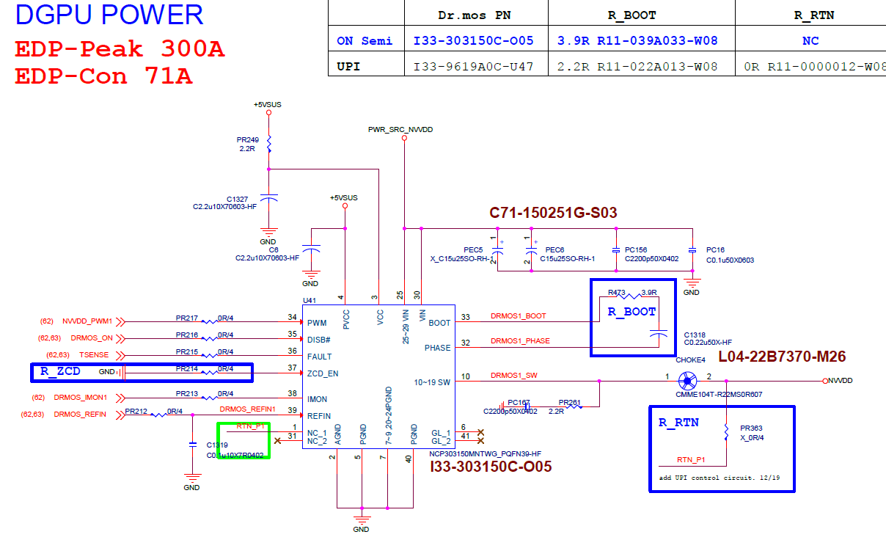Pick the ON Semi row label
pyautogui.click(x=365, y=41)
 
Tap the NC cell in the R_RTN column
pyautogui.click(x=810, y=41)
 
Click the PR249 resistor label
pyautogui.click(x=247, y=139)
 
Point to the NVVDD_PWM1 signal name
pyautogui.click(x=87, y=321)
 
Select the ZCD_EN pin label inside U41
pyautogui.click(x=323, y=373)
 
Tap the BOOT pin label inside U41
pyautogui.click(x=439, y=323)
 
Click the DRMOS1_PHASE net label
pyautogui.click(x=520, y=341)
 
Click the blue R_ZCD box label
pyautogui.click(x=60, y=371)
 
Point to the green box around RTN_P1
pyautogui.click(x=244, y=441)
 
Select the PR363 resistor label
pyautogui.click(x=751, y=427)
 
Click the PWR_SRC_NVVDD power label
pyautogui.click(x=400, y=129)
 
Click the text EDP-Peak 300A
pyautogui.click(x=120, y=50)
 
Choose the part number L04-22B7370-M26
pyautogui.click(x=782, y=357)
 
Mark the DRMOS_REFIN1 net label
pyautogui.click(x=247, y=409)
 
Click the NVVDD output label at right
pyautogui.click(x=843, y=381)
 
